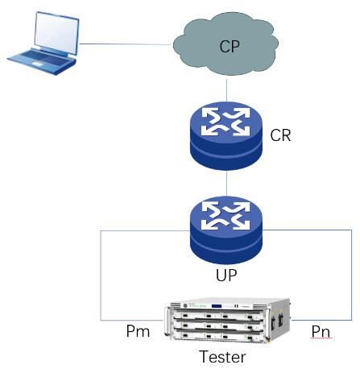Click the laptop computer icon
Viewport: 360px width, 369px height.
pyautogui.click(x=43, y=43)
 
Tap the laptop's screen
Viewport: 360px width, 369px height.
pyautogui.click(x=56, y=32)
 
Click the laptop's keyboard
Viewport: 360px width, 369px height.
pyautogui.click(x=43, y=59)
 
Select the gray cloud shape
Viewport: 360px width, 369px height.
pyautogui.click(x=226, y=44)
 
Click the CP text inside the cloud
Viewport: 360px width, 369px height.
pyautogui.click(x=230, y=46)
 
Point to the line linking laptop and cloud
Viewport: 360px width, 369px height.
pyautogui.click(x=126, y=44)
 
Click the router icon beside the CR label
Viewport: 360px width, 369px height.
pyautogui.click(x=226, y=135)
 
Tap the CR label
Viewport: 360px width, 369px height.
pyautogui.click(x=280, y=135)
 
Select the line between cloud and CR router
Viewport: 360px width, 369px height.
pyautogui.click(x=227, y=90)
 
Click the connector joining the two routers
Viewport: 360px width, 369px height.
pyautogui.click(x=227, y=183)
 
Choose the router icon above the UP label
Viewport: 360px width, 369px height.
pyautogui.click(x=226, y=230)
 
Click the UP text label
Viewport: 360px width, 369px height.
pyautogui.click(x=226, y=275)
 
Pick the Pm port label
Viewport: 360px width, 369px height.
pyautogui.click(x=138, y=331)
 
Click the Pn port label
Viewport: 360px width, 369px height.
pyautogui.click(x=321, y=331)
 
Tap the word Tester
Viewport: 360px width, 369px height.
pyautogui.click(x=222, y=356)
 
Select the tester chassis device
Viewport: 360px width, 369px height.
pyautogui.click(x=228, y=321)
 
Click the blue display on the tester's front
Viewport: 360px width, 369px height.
pyautogui.click(x=217, y=306)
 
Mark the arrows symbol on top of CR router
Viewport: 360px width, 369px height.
pyautogui.click(x=226, y=122)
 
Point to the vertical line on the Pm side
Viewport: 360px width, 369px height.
pyautogui.click(x=101, y=276)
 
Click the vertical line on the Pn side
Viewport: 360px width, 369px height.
pyautogui.click(x=352, y=275)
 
